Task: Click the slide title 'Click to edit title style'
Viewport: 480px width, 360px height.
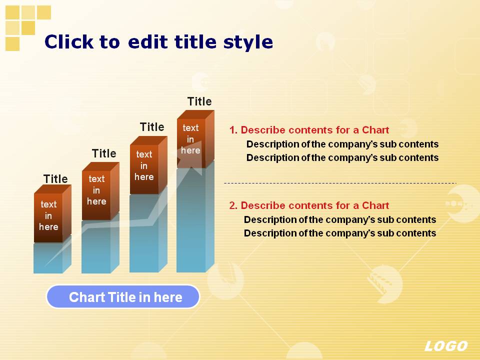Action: click(158, 42)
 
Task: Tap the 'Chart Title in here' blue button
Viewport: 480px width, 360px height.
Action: click(123, 296)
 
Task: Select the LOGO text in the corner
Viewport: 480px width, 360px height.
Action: click(446, 346)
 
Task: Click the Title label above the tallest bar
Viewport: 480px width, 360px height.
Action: click(199, 101)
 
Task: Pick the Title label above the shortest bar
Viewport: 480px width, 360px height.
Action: click(55, 179)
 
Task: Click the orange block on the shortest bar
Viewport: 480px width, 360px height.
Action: click(52, 213)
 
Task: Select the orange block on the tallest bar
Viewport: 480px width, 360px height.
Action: click(195, 139)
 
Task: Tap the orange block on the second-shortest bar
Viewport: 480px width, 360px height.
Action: click(100, 191)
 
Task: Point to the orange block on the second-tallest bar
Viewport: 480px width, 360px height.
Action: click(148, 165)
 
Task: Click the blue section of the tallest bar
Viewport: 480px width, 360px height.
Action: click(195, 219)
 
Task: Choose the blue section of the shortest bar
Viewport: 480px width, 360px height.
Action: click(52, 256)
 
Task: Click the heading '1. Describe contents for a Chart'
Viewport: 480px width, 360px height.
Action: click(309, 130)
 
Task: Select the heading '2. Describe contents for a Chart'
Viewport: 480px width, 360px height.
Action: click(309, 205)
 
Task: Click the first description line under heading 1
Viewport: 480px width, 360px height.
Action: click(342, 144)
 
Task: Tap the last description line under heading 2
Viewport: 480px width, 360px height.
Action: click(340, 233)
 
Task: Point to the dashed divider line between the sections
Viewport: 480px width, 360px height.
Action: click(340, 183)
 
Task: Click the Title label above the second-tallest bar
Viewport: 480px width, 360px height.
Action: click(152, 126)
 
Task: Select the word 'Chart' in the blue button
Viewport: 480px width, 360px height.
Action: click(86, 297)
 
